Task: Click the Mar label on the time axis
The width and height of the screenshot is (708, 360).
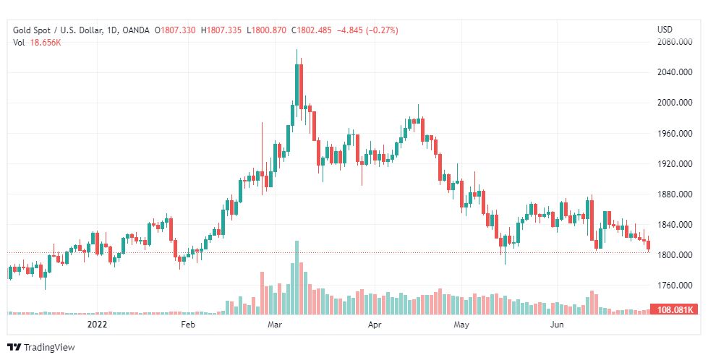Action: [x=275, y=325]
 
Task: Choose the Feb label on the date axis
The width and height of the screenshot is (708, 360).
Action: [x=188, y=325]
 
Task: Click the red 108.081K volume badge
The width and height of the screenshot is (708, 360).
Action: [x=675, y=309]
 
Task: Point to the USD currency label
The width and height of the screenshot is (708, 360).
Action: [x=665, y=30]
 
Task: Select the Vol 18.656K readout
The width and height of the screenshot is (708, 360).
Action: [x=37, y=43]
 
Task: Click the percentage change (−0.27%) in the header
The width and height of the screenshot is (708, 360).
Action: [x=383, y=30]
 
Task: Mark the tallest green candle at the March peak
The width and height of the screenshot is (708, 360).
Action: [x=297, y=85]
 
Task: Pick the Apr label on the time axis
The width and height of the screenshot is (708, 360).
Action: [x=375, y=325]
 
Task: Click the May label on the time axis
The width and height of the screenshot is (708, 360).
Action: [x=461, y=325]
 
